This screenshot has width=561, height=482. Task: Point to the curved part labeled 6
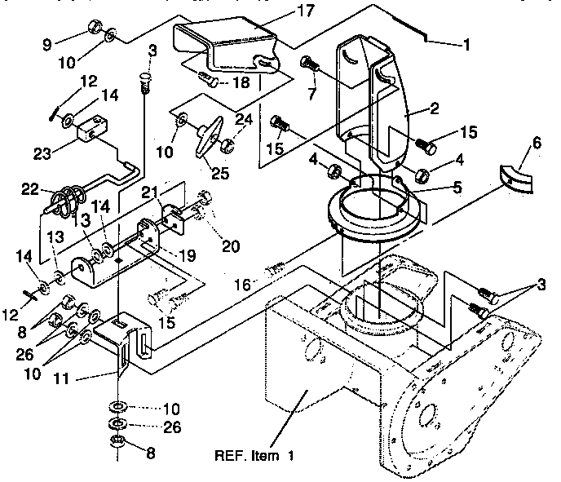click(x=516, y=179)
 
